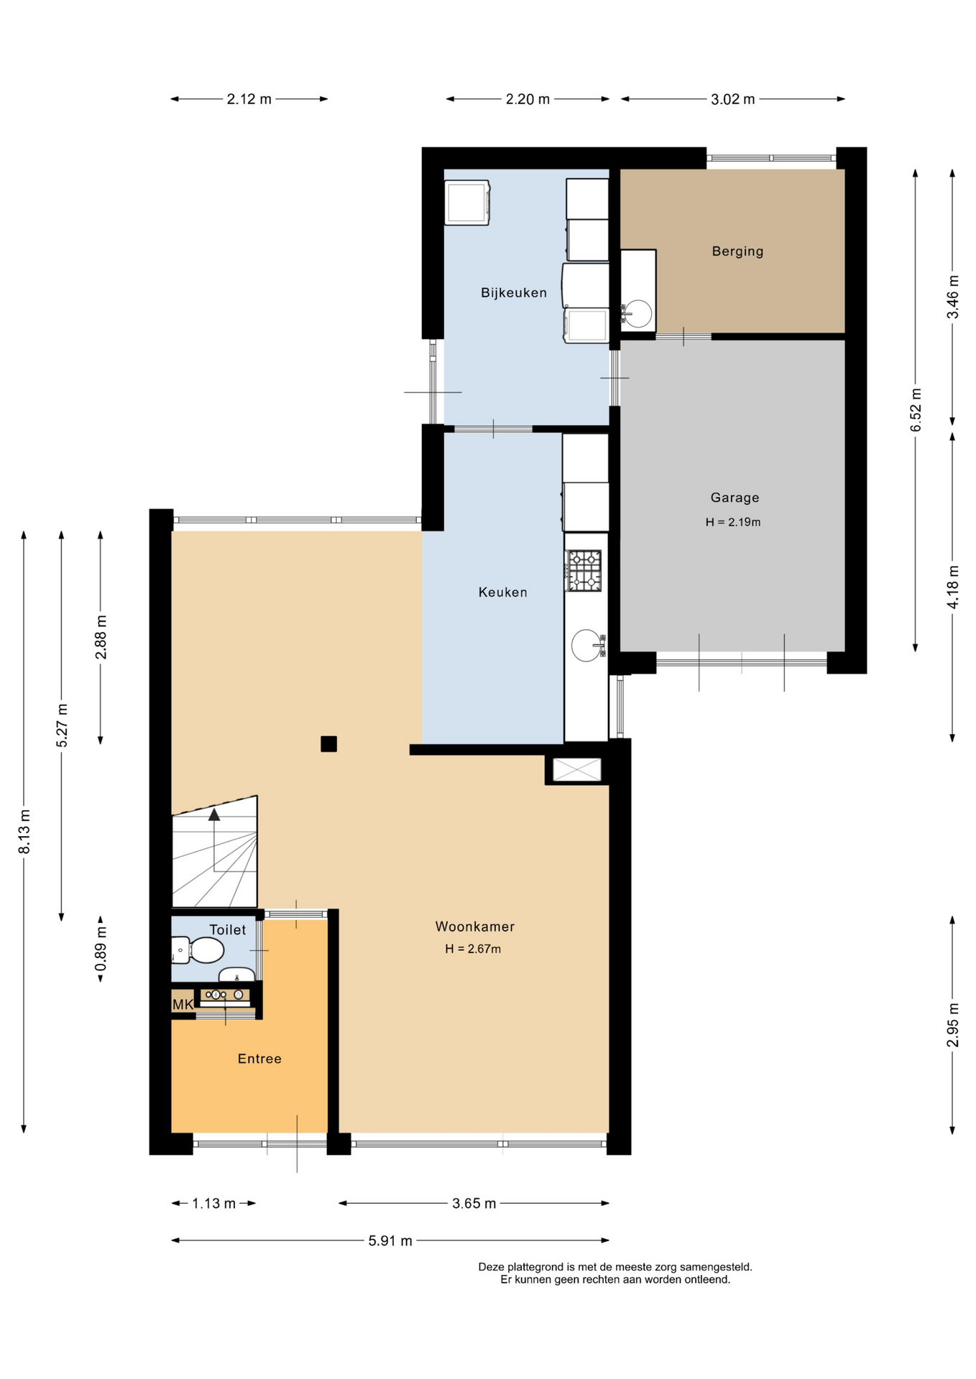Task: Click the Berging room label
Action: [x=737, y=251]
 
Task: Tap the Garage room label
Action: [x=735, y=497]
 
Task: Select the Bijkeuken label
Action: [x=514, y=292]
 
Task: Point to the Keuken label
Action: [x=503, y=592]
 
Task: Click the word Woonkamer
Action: [x=475, y=927]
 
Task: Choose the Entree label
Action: [x=259, y=1059]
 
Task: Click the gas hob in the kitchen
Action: [x=584, y=571]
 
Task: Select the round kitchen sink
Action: [x=588, y=645]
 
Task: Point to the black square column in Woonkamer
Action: [x=328, y=744]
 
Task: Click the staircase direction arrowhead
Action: [x=214, y=814]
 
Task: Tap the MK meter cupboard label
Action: [x=183, y=1004]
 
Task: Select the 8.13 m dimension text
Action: [x=24, y=832]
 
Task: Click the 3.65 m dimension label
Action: [x=474, y=1203]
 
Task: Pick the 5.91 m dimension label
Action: [x=390, y=1240]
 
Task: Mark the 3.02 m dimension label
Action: [x=733, y=99]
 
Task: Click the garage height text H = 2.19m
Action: [x=733, y=522]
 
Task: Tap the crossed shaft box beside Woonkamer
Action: [x=576, y=770]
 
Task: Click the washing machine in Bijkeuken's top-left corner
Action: [x=467, y=203]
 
